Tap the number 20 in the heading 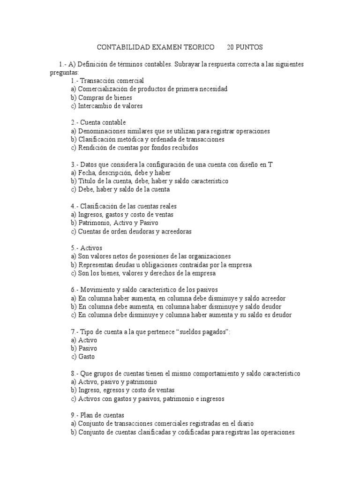231,47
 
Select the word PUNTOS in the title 251,47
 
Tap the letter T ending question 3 270,164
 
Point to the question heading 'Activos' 91,247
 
